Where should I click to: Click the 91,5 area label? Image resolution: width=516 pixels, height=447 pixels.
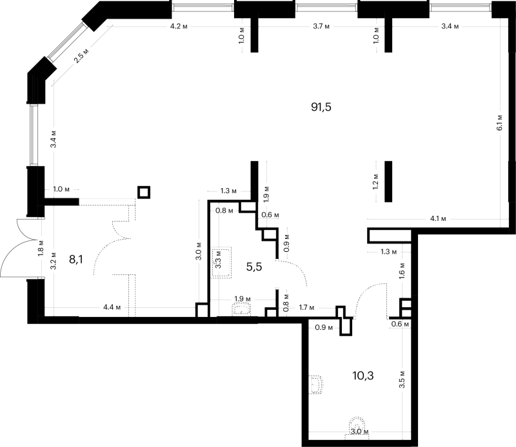[x=321, y=107]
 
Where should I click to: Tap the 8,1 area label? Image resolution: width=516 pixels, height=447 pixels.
[x=76, y=260]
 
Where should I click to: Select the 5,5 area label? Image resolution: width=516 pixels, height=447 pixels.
[x=254, y=267]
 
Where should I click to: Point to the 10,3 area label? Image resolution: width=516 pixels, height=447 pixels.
[x=363, y=376]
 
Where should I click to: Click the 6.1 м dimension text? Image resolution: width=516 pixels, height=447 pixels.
[x=499, y=122]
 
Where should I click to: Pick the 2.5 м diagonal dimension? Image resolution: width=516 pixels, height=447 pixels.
[x=81, y=56]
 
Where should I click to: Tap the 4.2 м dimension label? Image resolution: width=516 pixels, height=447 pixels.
[x=179, y=26]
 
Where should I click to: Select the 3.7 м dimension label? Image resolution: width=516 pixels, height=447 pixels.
[x=321, y=26]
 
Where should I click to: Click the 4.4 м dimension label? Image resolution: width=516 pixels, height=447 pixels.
[x=112, y=307]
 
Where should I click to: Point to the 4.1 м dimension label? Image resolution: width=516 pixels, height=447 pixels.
[x=438, y=218]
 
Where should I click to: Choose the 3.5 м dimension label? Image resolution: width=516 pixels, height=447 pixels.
[x=402, y=379]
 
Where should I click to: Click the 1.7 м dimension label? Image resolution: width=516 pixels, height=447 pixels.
[x=306, y=308]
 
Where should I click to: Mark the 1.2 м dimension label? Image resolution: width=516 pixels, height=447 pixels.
[x=375, y=182]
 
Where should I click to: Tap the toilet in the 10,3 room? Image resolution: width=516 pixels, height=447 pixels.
[x=316, y=385]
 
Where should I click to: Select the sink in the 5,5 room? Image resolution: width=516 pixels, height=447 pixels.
[x=241, y=310]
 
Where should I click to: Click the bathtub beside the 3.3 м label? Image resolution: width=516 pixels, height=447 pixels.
[x=221, y=263]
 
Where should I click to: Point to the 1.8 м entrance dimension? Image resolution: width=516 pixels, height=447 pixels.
[x=41, y=248]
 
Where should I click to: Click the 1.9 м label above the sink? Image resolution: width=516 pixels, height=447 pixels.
[x=243, y=299]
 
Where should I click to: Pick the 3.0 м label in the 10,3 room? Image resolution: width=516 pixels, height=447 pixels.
[x=359, y=432]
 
